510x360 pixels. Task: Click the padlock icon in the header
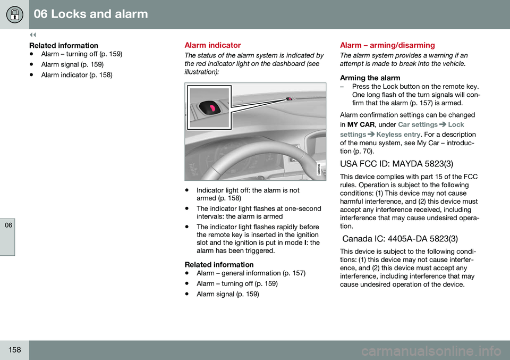click(14, 14)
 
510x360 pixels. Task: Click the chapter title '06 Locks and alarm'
click(91, 14)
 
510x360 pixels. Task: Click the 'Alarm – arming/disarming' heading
click(387, 46)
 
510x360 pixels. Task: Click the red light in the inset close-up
click(212, 108)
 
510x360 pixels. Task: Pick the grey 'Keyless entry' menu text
click(398, 135)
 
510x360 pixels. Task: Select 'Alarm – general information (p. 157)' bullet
click(251, 273)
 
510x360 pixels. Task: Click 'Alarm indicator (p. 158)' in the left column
click(76, 76)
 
